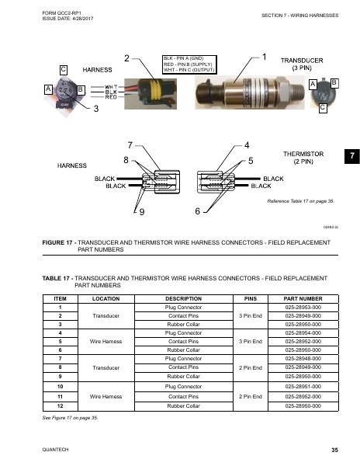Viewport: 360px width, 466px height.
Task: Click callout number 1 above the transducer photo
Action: coord(265,57)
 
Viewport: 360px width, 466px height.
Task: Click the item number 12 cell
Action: coord(59,405)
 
